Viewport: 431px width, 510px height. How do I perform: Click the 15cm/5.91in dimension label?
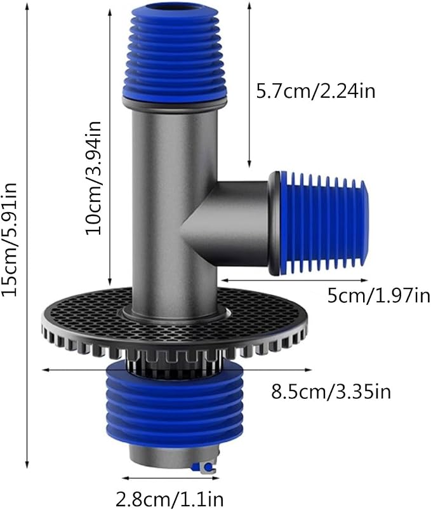(x=9, y=239)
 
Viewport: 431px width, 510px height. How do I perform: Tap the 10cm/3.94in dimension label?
(x=93, y=178)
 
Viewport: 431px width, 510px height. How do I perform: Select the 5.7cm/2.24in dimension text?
(x=315, y=91)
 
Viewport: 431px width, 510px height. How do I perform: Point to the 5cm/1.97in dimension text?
(x=379, y=296)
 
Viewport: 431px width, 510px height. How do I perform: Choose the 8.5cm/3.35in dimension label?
(x=331, y=392)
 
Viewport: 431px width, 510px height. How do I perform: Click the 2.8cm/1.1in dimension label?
(x=169, y=499)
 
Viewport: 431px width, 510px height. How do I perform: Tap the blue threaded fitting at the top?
(x=174, y=51)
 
